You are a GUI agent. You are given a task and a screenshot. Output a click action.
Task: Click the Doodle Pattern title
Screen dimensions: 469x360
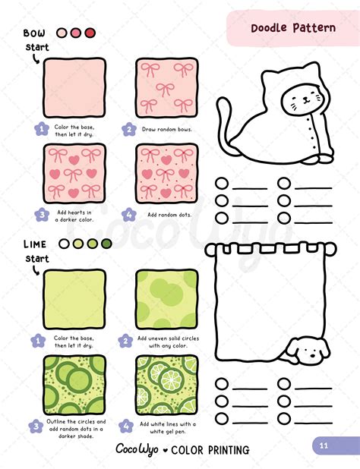coord(293,28)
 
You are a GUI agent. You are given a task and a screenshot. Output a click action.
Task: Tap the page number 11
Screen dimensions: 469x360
coord(324,445)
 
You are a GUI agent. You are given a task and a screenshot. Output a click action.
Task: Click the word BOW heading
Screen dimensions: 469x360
coord(34,33)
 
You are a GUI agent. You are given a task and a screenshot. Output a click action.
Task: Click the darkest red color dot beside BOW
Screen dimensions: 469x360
coord(90,33)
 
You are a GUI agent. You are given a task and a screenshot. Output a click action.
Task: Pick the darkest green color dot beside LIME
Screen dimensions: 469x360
coord(106,244)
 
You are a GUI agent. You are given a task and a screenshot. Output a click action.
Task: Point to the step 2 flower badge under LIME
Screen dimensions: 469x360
coord(128,342)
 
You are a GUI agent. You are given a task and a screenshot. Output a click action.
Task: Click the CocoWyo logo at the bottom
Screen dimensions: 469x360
coord(136,449)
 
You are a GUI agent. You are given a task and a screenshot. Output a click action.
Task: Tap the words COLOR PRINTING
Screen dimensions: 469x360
coord(210,450)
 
